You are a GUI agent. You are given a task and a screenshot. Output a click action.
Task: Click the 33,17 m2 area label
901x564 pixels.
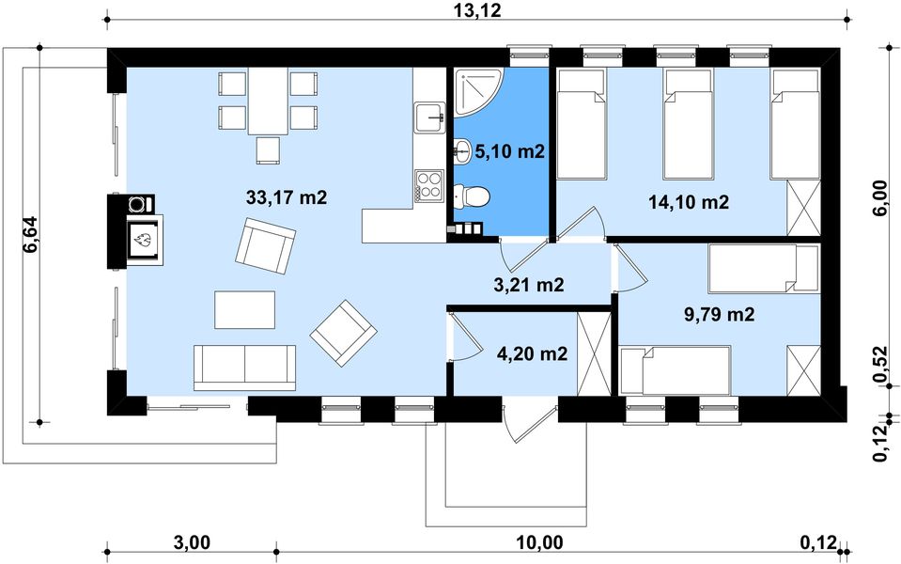[287, 197]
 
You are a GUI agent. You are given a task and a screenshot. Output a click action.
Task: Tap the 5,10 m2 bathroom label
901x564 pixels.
[509, 151]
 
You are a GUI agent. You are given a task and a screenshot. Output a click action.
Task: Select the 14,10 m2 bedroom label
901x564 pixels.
[689, 202]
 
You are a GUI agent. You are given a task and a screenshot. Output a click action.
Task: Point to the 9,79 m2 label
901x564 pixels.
[719, 314]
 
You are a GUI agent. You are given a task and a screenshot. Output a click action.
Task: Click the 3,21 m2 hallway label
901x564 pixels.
[529, 284]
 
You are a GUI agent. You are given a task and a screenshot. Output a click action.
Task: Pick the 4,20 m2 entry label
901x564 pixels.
[532, 353]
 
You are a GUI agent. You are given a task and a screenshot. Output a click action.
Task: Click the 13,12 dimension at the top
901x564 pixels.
[477, 9]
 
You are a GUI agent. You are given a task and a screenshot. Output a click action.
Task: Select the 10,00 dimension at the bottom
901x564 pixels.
[539, 541]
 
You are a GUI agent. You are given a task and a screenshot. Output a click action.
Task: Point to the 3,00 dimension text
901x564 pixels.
[192, 541]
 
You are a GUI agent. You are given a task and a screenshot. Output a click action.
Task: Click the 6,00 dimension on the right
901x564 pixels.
[879, 197]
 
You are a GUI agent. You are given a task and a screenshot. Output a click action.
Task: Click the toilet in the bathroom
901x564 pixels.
[472, 196]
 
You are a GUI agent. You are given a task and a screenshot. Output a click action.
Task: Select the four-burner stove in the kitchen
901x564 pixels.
[428, 186]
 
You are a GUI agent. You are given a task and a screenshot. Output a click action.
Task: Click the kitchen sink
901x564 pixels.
[429, 117]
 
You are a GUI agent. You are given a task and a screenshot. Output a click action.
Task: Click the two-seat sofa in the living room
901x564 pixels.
[245, 368]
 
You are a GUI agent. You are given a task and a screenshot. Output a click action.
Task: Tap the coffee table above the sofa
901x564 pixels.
[245, 310]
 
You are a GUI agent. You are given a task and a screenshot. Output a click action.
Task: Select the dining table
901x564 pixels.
[268, 102]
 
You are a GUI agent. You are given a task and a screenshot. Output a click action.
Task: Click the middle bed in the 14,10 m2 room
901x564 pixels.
[689, 124]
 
